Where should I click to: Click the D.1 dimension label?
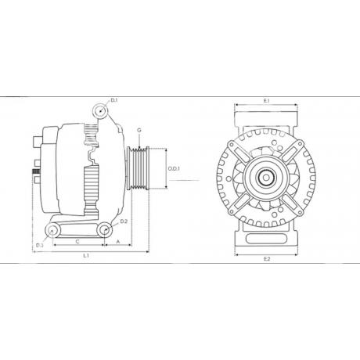(x=114, y=100)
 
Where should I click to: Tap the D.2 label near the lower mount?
(x=124, y=221)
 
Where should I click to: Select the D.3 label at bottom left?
(x=39, y=245)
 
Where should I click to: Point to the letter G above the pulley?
(x=139, y=130)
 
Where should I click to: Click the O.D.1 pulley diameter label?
(x=174, y=169)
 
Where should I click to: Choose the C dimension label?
(x=77, y=242)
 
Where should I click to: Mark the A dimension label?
(x=118, y=242)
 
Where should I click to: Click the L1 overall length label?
(x=86, y=256)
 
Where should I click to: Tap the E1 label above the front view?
(x=266, y=100)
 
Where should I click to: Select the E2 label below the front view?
(x=266, y=259)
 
